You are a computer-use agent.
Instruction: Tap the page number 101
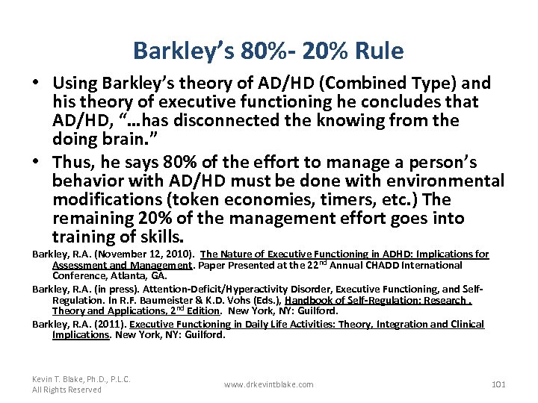point(498,384)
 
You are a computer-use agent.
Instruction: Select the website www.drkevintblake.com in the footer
point(269,384)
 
